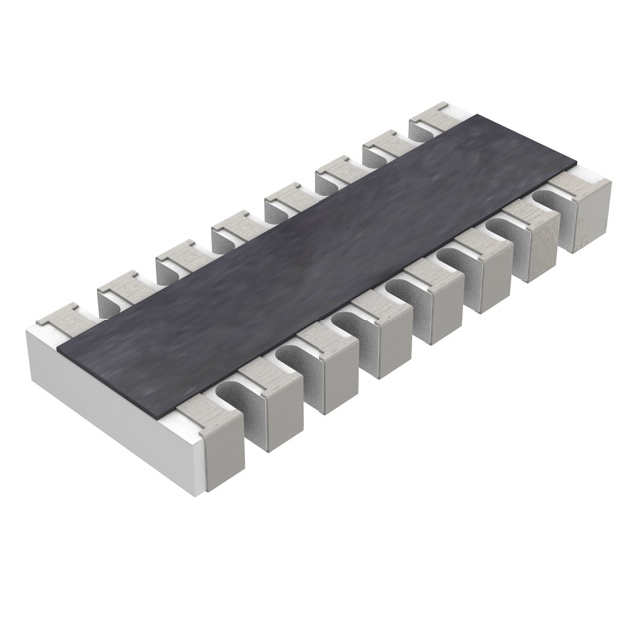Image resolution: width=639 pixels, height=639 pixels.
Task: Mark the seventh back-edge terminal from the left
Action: coord(384,149)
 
